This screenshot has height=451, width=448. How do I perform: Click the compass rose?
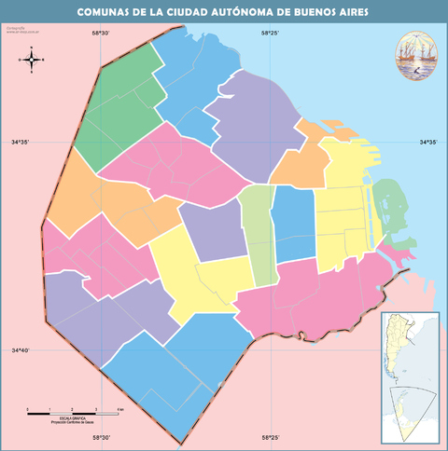point(33,61)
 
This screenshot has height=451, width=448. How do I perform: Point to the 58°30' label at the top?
point(101,34)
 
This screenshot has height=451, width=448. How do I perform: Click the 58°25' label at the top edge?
point(270,34)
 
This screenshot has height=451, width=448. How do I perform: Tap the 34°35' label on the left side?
point(20,142)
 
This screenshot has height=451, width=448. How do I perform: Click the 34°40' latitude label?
point(20,350)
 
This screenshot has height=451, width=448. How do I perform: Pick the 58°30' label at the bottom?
point(101,436)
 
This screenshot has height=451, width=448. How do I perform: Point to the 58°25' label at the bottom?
point(270,436)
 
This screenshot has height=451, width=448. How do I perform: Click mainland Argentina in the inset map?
point(402,349)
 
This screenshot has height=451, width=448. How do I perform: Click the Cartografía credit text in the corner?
point(17,31)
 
